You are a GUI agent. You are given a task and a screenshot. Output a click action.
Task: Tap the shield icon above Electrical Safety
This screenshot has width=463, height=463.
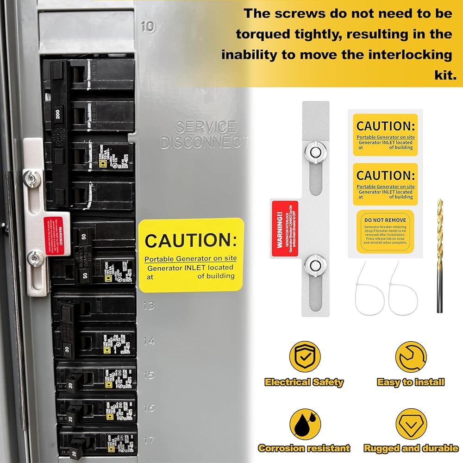click(x=305, y=357)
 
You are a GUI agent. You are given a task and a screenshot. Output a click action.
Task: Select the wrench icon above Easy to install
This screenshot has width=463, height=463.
click(x=410, y=357)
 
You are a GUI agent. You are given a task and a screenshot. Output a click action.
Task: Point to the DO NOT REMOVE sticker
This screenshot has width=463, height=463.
click(x=385, y=231)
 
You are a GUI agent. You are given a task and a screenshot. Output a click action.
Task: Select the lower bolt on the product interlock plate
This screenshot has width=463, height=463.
click(x=314, y=265)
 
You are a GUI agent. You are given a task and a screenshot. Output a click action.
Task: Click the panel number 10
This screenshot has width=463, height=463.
click(x=148, y=26)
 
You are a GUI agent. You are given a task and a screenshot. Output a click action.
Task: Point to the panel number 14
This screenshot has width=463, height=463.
click(x=149, y=341)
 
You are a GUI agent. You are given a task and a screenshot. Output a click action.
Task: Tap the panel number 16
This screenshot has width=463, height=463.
click(x=149, y=408)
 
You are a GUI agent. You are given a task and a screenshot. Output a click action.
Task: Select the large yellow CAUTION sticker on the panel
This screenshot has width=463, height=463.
click(x=191, y=255)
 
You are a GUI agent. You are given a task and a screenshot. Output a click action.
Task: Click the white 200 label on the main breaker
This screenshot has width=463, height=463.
click(x=58, y=114)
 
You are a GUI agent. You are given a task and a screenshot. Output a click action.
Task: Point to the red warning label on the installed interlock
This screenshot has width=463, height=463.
click(x=55, y=236)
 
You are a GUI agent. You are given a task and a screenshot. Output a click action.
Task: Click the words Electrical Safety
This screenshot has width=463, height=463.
click(x=304, y=382)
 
